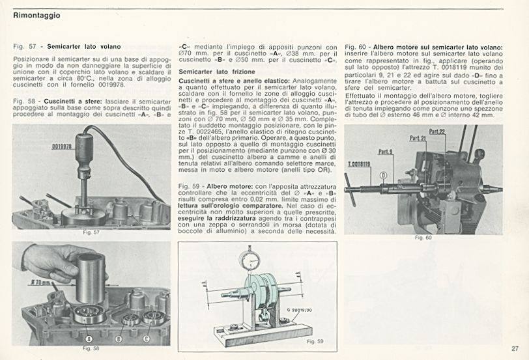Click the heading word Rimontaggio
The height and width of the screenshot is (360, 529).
tap(36, 16)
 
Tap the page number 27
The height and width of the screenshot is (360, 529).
tap(515, 349)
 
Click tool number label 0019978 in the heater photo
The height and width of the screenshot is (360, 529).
tap(62, 147)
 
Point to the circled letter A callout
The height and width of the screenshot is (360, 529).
tap(89, 339)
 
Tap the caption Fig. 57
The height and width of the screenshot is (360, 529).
tap(92, 232)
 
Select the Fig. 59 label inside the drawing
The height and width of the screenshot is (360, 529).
tap(315, 341)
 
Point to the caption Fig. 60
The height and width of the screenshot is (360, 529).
tap(423, 238)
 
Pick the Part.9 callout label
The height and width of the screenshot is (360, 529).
tap(386, 152)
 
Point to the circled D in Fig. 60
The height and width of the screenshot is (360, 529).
tap(383, 174)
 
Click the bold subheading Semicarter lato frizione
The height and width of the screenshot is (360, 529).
tap(217, 71)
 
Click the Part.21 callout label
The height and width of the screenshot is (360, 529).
tap(418, 139)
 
